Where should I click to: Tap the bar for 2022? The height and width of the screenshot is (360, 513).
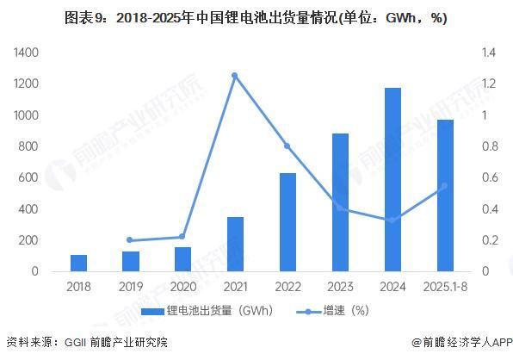288,222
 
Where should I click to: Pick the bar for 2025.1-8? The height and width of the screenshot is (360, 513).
446,196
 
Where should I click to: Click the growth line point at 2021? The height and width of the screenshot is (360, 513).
235,76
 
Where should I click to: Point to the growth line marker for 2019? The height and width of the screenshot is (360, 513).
130,240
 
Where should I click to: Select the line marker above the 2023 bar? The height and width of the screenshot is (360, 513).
340,208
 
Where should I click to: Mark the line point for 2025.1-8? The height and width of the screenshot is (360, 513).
445,185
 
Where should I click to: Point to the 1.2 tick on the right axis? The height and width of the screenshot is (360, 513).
488,84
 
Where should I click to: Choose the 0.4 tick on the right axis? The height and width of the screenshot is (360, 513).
488,209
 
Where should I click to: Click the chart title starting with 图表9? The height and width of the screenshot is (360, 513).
256,18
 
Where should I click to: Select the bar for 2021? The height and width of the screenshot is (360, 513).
235,244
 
